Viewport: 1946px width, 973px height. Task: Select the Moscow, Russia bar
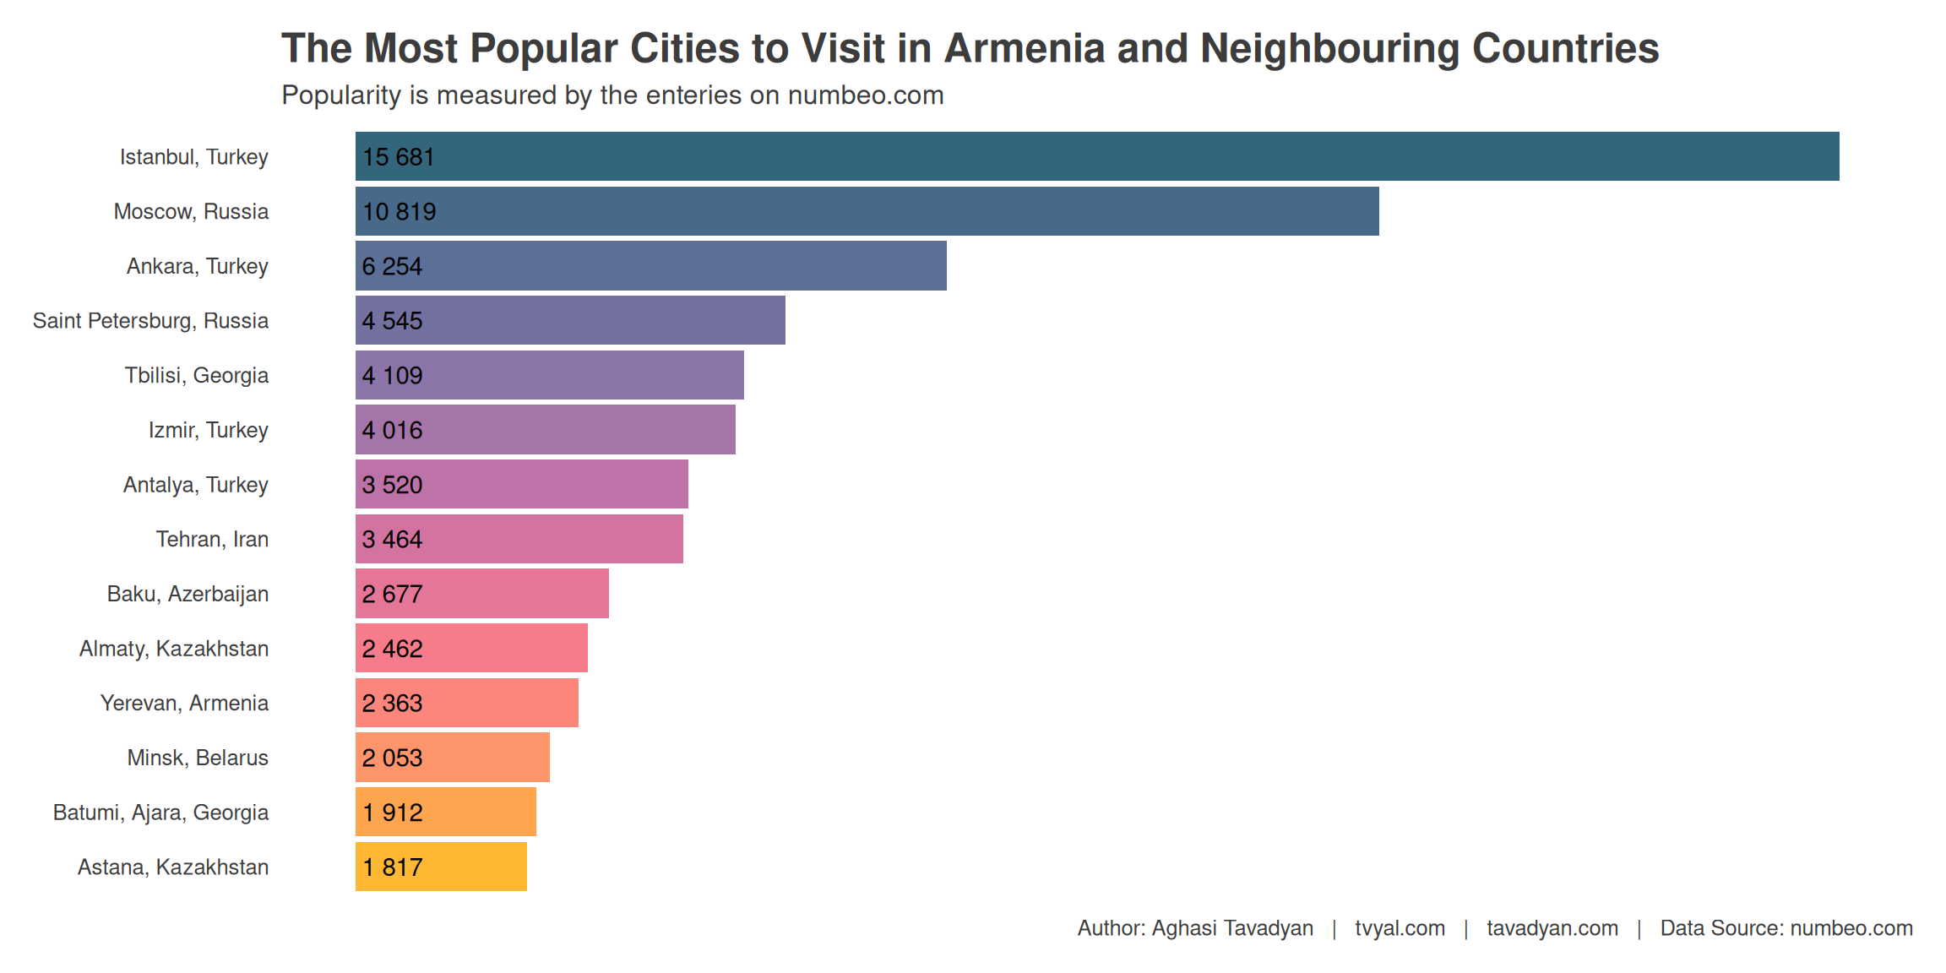coord(867,211)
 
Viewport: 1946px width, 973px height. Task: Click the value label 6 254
coord(392,266)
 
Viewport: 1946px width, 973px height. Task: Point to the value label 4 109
coord(392,375)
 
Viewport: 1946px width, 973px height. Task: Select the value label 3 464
coord(392,539)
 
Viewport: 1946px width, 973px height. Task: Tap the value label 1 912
coord(392,813)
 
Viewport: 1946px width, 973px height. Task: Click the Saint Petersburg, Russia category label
coord(150,321)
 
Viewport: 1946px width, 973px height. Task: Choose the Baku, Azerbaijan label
coord(188,594)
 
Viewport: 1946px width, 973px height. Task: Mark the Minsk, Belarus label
coord(198,758)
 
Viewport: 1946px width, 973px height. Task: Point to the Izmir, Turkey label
coord(208,430)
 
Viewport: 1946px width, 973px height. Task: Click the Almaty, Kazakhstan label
coord(174,649)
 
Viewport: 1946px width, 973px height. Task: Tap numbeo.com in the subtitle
coord(865,95)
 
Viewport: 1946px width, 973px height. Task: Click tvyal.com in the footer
coord(1400,928)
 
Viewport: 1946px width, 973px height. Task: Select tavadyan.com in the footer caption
coord(1552,928)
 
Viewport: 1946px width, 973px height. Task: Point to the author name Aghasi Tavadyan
coord(1232,928)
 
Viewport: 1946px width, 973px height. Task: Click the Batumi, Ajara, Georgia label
coord(160,813)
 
